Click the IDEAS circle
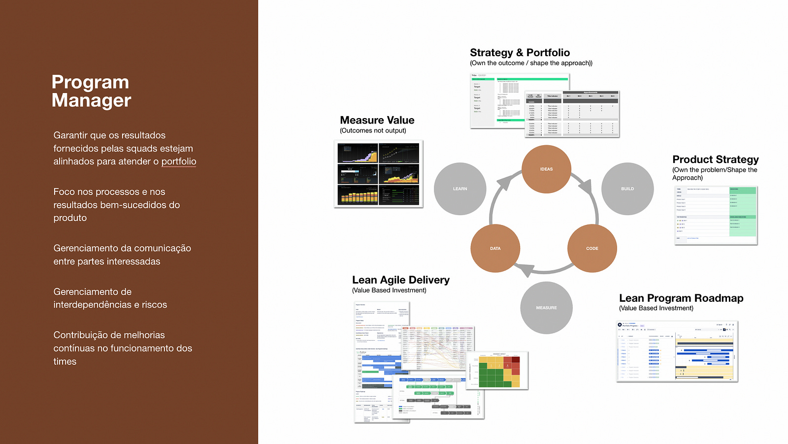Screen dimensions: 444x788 [546, 169]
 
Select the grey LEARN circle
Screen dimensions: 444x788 [460, 189]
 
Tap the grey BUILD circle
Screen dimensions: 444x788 [627, 189]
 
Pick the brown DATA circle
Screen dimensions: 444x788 [495, 249]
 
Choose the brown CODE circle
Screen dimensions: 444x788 [592, 249]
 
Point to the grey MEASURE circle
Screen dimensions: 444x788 [546, 308]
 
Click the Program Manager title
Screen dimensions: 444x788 [91, 91]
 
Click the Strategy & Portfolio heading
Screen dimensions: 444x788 [520, 53]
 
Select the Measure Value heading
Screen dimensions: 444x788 [377, 120]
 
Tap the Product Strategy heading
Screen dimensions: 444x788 [715, 159]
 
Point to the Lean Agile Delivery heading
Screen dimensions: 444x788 [400, 280]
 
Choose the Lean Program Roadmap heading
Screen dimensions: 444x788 [681, 298]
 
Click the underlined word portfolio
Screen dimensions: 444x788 [179, 161]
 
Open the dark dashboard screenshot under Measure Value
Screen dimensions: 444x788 [378, 174]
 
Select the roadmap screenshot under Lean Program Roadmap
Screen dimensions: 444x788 [677, 351]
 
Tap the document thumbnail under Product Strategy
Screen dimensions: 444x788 [716, 215]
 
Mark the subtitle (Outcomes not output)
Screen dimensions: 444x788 [373, 130]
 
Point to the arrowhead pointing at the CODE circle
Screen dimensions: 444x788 [586, 187]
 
